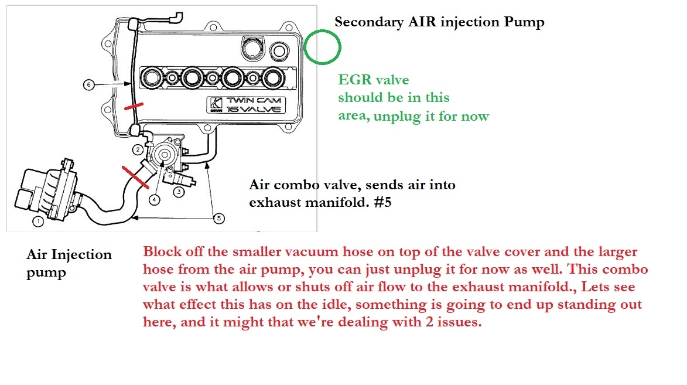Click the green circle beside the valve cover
(322, 47)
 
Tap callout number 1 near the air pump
(37, 222)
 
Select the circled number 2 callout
(138, 149)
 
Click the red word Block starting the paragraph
(160, 253)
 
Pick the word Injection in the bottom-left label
(84, 255)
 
